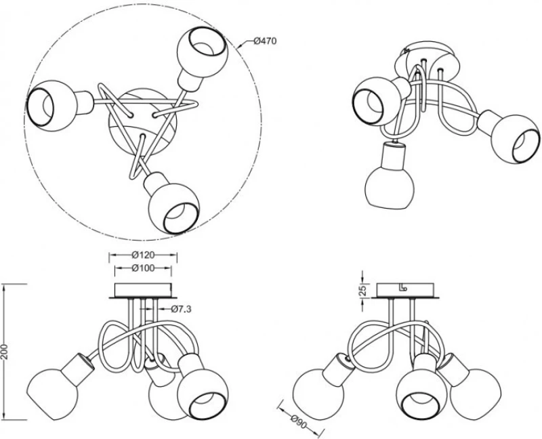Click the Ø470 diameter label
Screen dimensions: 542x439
click(x=265, y=41)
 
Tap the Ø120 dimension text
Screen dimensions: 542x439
click(x=143, y=255)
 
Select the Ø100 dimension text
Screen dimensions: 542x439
click(x=143, y=268)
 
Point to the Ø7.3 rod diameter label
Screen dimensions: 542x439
click(x=181, y=309)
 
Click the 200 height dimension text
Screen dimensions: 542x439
click(x=5, y=352)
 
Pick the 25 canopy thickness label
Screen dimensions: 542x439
click(x=362, y=290)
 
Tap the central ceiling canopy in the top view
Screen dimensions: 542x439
click(x=143, y=121)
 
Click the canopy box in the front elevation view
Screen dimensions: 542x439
click(x=143, y=291)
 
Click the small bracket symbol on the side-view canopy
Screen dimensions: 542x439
click(x=404, y=288)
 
